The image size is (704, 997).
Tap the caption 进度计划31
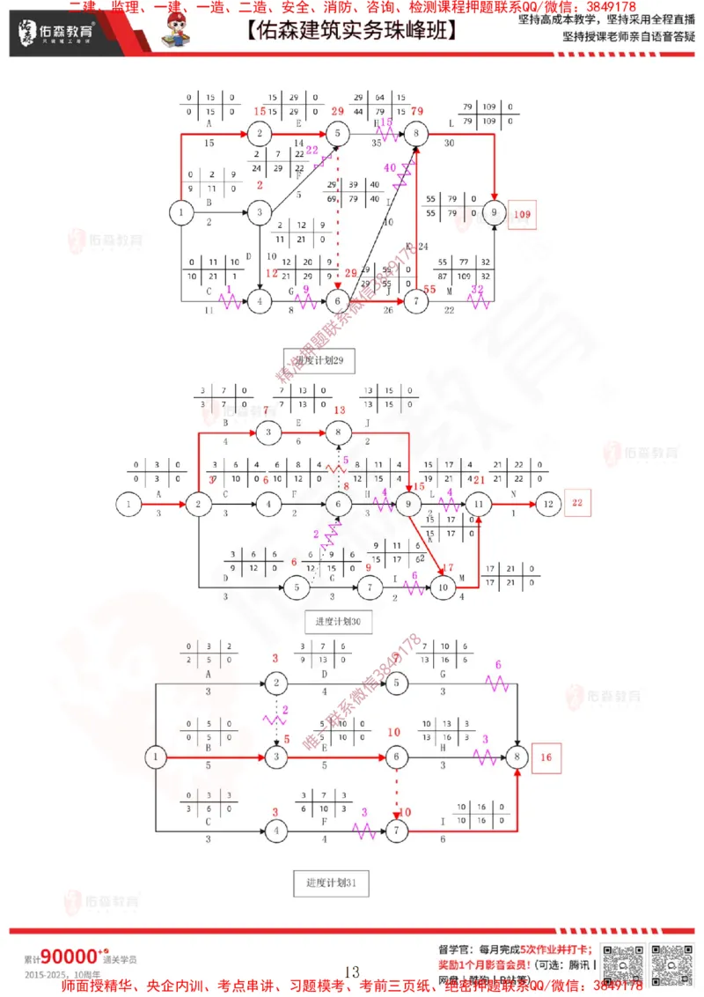331,882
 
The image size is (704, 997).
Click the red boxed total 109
521,214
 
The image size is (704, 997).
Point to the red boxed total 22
578,504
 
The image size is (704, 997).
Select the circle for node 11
480,504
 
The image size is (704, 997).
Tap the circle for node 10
443,588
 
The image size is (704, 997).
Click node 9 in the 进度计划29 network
495,212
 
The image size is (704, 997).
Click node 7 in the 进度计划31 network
397,831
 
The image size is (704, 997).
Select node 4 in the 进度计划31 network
276,831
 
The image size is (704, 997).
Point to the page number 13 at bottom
352,971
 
